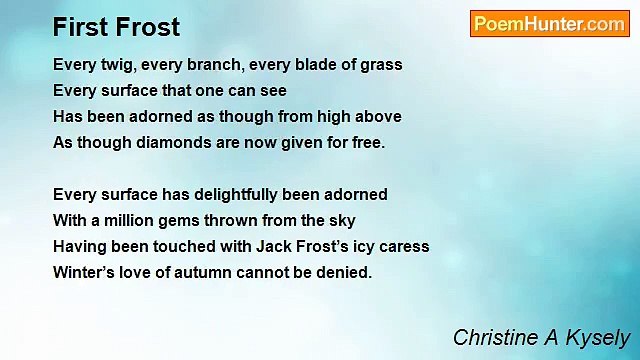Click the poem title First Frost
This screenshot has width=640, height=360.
[x=117, y=26]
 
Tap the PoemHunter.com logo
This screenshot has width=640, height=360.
[x=549, y=24]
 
